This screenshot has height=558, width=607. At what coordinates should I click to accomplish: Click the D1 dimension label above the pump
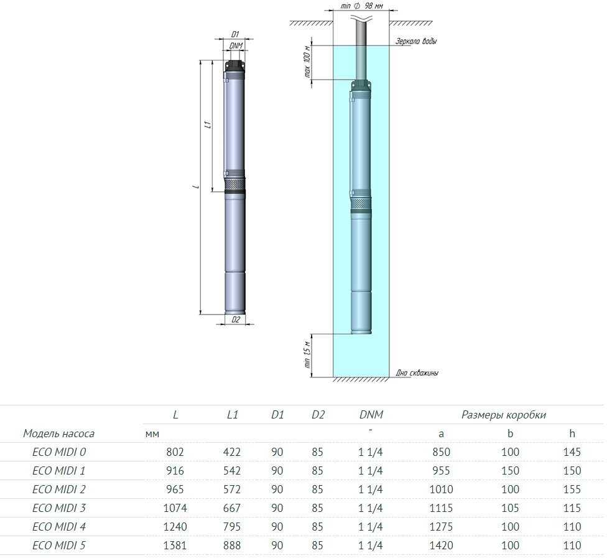pos(235,34)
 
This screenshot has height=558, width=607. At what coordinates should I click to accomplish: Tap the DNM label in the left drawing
pos(236,45)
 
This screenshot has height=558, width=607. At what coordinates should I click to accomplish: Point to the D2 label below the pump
pos(236,319)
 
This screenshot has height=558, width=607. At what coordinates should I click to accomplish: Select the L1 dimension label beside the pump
pos(208,124)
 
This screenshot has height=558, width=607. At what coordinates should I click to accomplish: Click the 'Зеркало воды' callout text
pos(416,40)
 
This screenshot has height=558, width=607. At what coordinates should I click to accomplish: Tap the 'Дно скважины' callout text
pos(417,372)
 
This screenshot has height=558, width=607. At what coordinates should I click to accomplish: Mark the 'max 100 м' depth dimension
pos(307,61)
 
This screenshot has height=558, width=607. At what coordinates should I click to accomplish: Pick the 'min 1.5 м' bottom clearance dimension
pos(307,354)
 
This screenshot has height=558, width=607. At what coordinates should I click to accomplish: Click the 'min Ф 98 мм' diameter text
pos(361,7)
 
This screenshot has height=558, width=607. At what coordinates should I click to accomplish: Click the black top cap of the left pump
pos(234,66)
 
